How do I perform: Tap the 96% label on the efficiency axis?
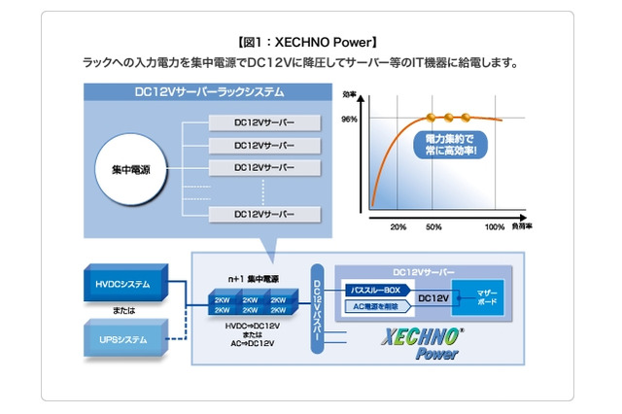tap(350, 120)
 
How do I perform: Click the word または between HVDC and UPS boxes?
tap(123, 311)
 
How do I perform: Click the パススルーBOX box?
tap(374, 291)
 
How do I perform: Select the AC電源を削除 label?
tap(374, 306)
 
